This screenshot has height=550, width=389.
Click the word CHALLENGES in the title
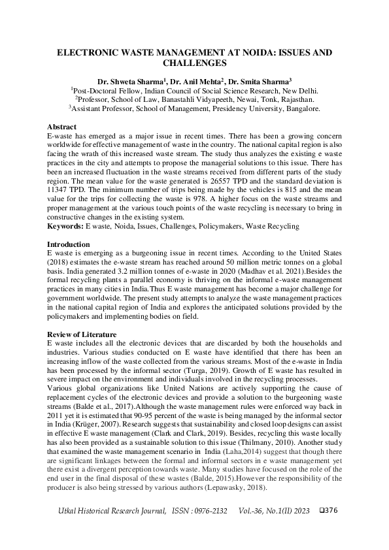[x=194, y=63]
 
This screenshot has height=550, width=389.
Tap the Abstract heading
[x=62, y=126]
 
